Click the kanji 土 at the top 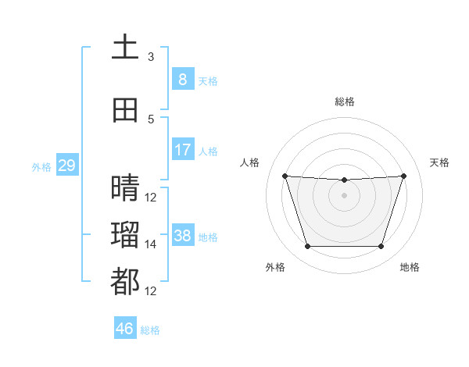pyautogui.click(x=125, y=46)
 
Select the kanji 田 pyautogui.click(x=125, y=110)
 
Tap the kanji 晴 pyautogui.click(x=125, y=187)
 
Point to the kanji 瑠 pyautogui.click(x=125, y=234)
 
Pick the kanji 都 pyautogui.click(x=125, y=281)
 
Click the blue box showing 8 pyautogui.click(x=183, y=79)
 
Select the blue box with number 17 pyautogui.click(x=183, y=149)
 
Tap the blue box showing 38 pyautogui.click(x=183, y=234)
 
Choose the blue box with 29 pyautogui.click(x=67, y=165)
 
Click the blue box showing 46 pyautogui.click(x=125, y=327)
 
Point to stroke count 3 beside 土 pyautogui.click(x=151, y=57)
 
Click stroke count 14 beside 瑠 pyautogui.click(x=150, y=244)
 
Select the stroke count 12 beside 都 pyautogui.click(x=150, y=291)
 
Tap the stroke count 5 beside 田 pyautogui.click(x=151, y=119)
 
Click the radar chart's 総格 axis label pyautogui.click(x=345, y=102)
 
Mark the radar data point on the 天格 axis pyautogui.click(x=403, y=176)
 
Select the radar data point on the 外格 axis pyautogui.click(x=308, y=246)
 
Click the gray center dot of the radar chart pyautogui.click(x=344, y=195)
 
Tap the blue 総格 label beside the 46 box pyautogui.click(x=150, y=330)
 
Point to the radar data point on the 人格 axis pyautogui.click(x=285, y=176)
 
